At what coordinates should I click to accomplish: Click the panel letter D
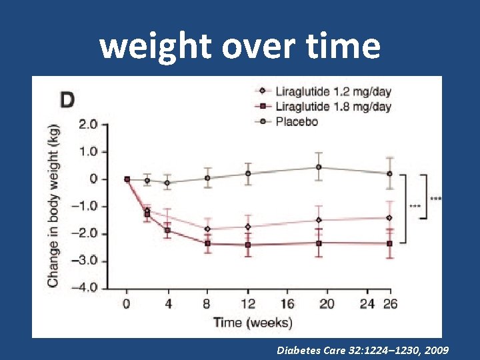point(67,101)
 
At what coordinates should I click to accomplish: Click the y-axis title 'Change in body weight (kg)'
point(53,206)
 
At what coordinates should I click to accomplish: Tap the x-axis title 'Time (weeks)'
point(253,323)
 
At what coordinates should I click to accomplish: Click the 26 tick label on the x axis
point(390,304)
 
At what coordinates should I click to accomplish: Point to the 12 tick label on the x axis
point(248,304)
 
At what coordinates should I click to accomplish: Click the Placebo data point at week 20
point(319,167)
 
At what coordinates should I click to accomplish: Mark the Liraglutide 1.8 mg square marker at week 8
point(208,243)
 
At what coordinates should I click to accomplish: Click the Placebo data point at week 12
point(248,173)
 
